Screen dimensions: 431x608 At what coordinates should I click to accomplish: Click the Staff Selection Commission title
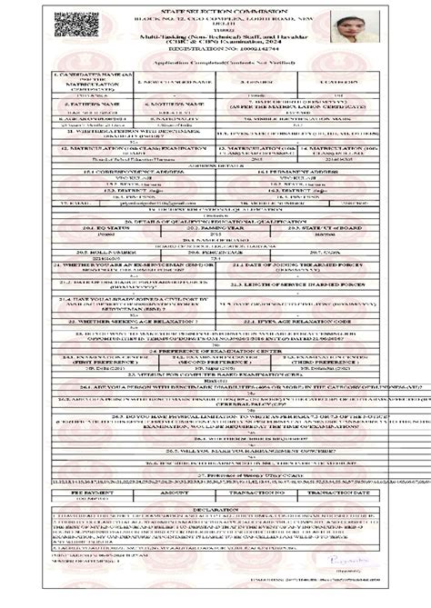tap(215, 8)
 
